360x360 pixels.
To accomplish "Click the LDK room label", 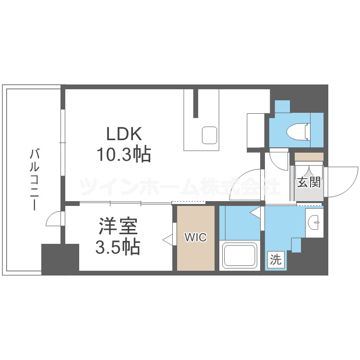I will click(x=123, y=133).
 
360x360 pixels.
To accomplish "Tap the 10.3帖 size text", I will click(x=123, y=155).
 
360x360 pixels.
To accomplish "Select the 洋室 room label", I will click(x=119, y=226).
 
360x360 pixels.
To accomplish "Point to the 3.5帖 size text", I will click(x=118, y=247).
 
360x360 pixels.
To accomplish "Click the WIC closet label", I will click(x=196, y=238).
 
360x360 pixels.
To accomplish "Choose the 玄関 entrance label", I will click(x=309, y=182).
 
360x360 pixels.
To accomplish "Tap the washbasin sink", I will click(x=315, y=221).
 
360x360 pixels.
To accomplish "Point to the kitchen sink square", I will click(x=210, y=135).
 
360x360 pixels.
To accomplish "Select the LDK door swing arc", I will click(x=252, y=185).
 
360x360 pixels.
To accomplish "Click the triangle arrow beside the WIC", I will click(x=168, y=239).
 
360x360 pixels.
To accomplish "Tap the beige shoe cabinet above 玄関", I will click(x=309, y=156).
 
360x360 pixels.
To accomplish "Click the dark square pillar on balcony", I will click(x=60, y=259).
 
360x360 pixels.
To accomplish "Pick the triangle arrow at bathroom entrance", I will click(x=256, y=212).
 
